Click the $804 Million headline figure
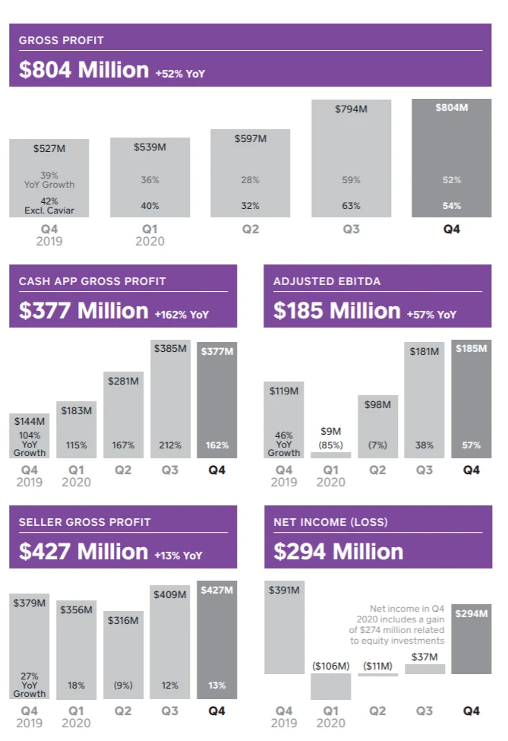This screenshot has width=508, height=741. tap(84, 70)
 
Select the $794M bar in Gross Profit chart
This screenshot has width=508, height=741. tap(351, 160)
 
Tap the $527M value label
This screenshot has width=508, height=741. tap(49, 149)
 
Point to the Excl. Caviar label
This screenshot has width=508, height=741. tap(49, 211)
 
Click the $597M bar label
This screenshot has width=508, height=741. tap(251, 139)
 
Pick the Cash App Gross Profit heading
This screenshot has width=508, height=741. tap(92, 281)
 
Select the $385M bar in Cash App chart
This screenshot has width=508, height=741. tap(170, 399)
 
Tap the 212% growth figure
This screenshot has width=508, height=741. tap(170, 445)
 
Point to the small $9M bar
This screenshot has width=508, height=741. tap(331, 454)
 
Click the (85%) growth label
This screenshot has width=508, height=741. tap(331, 445)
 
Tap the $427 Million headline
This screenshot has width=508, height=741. tap(84, 552)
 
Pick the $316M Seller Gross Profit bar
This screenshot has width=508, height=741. tap(123, 654)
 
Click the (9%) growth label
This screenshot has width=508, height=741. tap(123, 686)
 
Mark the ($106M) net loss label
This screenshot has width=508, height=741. tap(331, 667)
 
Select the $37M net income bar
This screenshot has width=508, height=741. tap(424, 669)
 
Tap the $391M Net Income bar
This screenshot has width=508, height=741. tap(284, 627)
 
